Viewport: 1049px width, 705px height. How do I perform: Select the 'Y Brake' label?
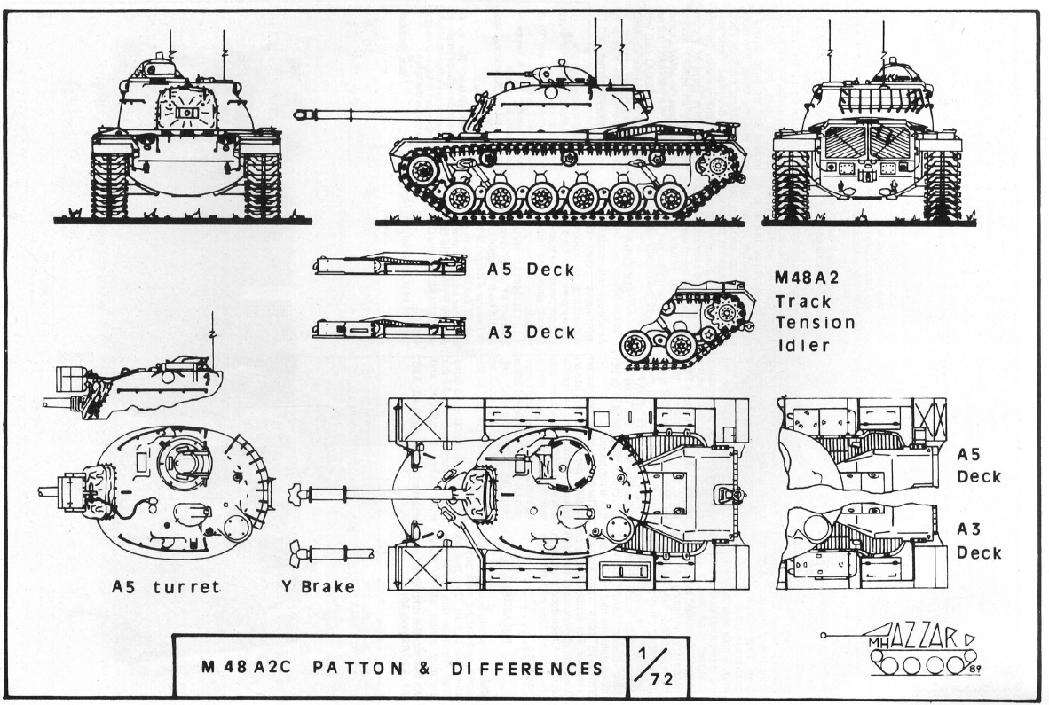click(318, 586)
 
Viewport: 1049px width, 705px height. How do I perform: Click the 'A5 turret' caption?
click(166, 587)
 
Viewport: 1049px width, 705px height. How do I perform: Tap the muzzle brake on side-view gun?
click(304, 114)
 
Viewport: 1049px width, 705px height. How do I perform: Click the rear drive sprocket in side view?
click(715, 164)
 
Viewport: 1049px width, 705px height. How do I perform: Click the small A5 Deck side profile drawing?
click(390, 263)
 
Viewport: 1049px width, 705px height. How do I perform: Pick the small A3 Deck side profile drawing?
click(389, 327)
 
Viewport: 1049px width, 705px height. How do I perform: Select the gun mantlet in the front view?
click(186, 113)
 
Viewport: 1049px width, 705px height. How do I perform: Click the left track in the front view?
click(110, 184)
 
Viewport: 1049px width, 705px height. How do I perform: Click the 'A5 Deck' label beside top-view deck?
click(979, 465)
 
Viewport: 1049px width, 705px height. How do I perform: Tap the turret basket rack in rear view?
click(874, 96)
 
